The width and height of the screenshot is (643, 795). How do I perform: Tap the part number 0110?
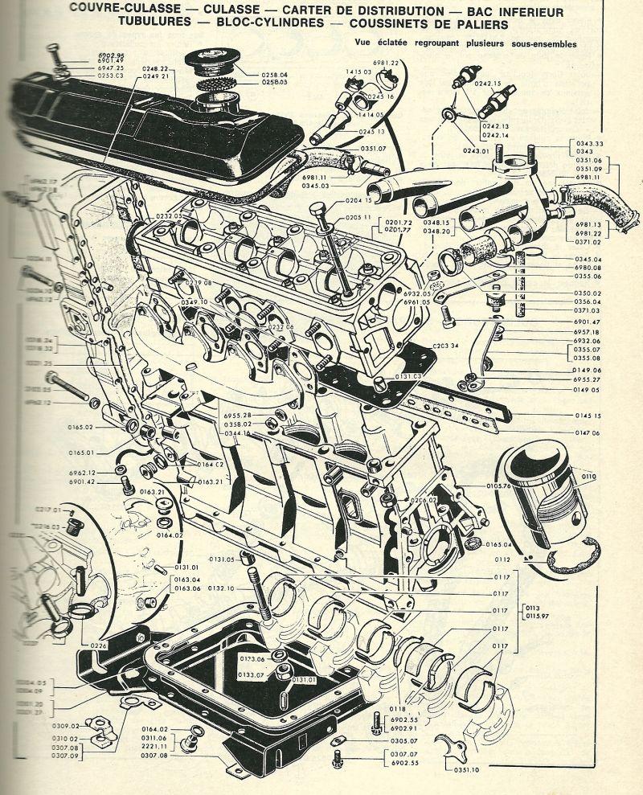(589, 477)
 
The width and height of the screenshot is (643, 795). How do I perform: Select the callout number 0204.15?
(358, 201)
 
